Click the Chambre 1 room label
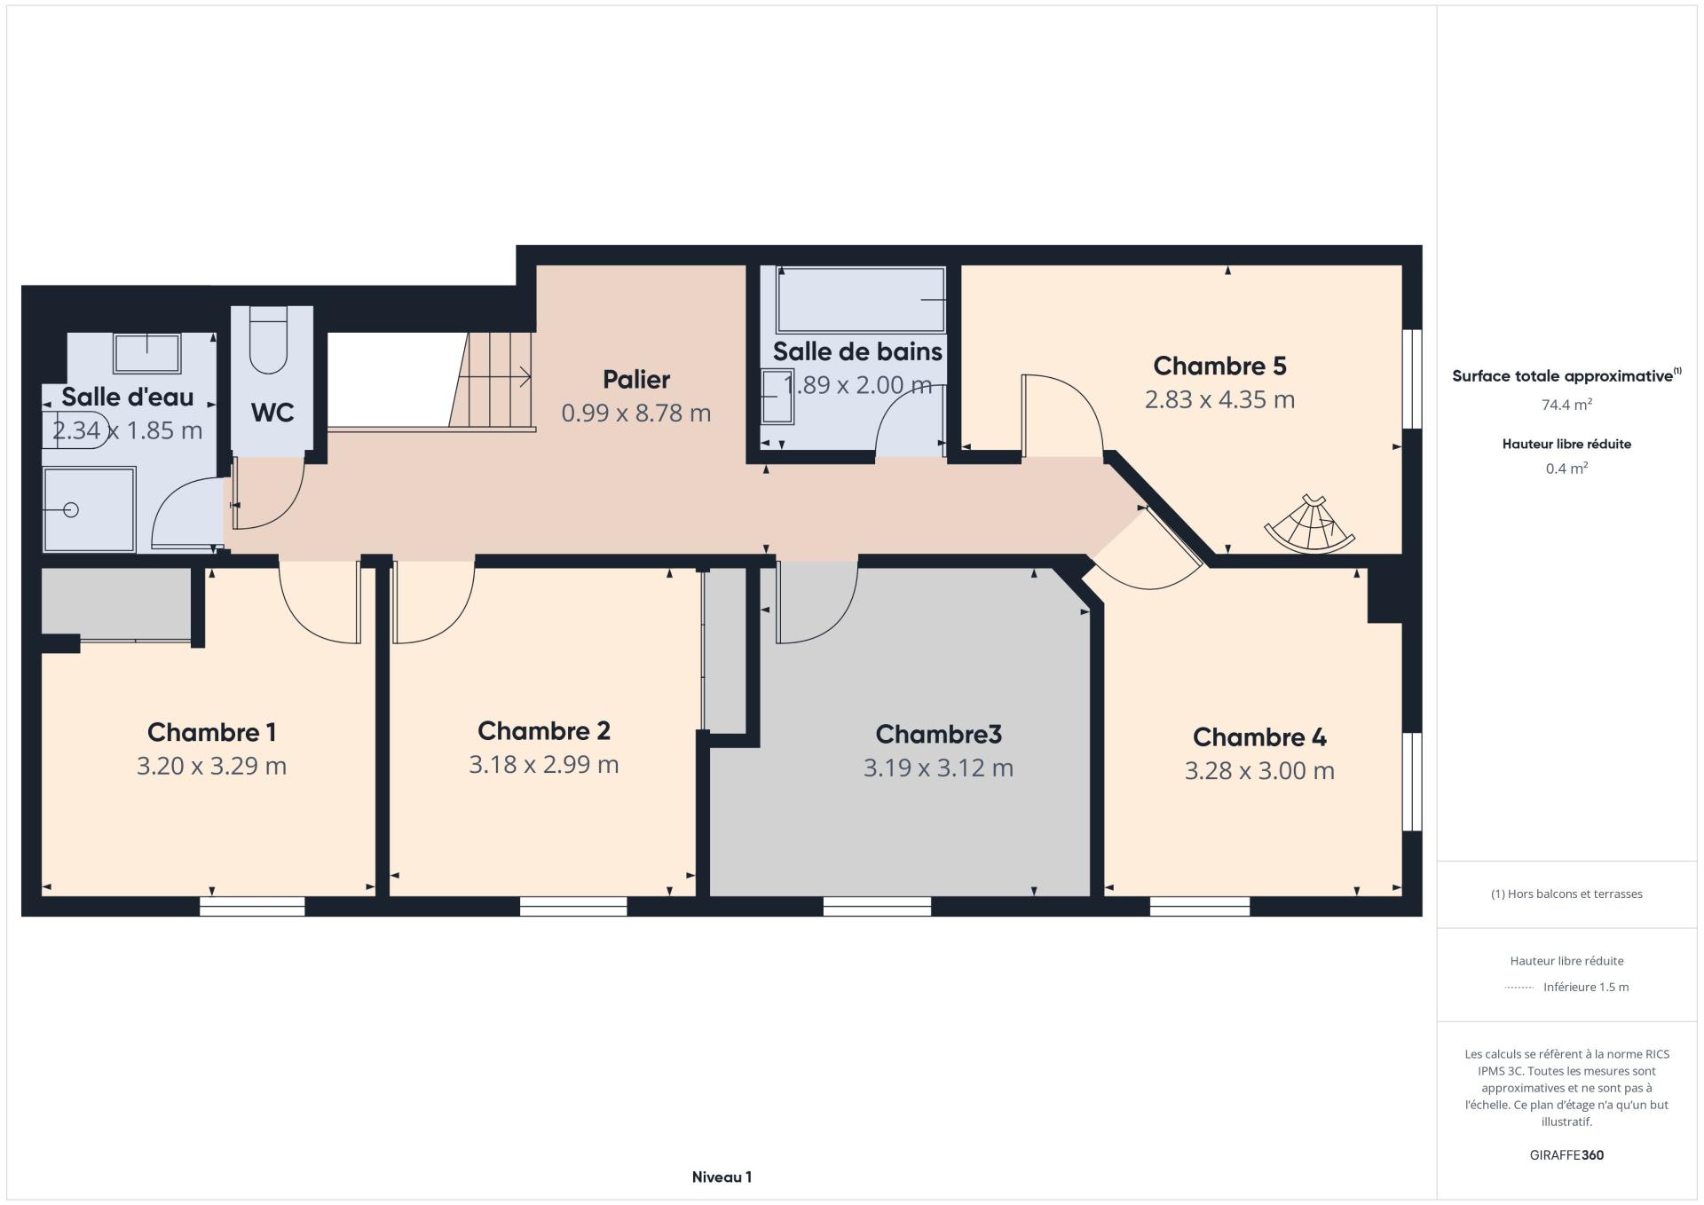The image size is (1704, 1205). pyautogui.click(x=211, y=732)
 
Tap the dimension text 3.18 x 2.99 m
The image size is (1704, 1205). pyautogui.click(x=544, y=764)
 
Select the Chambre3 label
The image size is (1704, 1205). pyautogui.click(x=938, y=734)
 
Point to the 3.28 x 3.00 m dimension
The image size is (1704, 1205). pyautogui.click(x=1259, y=770)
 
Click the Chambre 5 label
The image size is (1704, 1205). pyautogui.click(x=1219, y=366)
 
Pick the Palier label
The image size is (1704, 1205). pyautogui.click(x=636, y=380)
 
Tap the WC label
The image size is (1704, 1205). pyautogui.click(x=272, y=413)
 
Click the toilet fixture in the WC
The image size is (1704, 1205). pyautogui.click(x=268, y=340)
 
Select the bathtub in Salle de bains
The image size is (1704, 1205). pyautogui.click(x=860, y=300)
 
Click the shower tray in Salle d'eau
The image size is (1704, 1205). pyautogui.click(x=90, y=509)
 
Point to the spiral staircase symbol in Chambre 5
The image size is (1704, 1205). pyautogui.click(x=1310, y=524)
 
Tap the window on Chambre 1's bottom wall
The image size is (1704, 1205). pyautogui.click(x=252, y=906)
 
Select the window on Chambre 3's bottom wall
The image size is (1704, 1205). pyautogui.click(x=877, y=906)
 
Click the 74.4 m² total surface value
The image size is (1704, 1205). pyautogui.click(x=1566, y=405)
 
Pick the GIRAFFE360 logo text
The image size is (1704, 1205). pyautogui.click(x=1566, y=1155)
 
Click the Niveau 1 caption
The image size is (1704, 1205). pyautogui.click(x=722, y=1177)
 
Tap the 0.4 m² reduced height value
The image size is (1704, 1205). pyautogui.click(x=1566, y=469)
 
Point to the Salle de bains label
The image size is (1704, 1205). pyautogui.click(x=857, y=351)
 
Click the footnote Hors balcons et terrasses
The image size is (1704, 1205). pyautogui.click(x=1566, y=894)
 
